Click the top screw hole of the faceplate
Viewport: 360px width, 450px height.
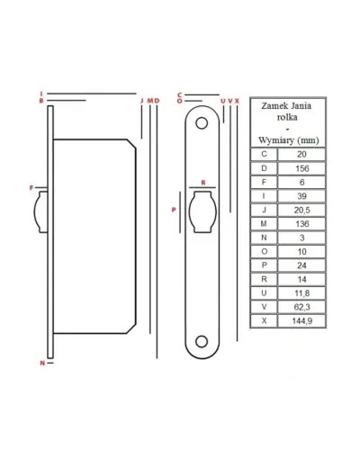click(x=202, y=123)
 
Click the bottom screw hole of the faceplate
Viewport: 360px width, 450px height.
click(x=202, y=342)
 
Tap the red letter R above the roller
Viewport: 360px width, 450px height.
click(x=203, y=183)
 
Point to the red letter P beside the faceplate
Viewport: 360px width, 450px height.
click(x=174, y=210)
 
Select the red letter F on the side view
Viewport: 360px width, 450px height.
click(x=31, y=188)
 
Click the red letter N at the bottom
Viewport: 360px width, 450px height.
click(x=42, y=363)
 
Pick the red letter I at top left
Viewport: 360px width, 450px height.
click(x=41, y=94)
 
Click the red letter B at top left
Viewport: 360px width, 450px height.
click(x=41, y=101)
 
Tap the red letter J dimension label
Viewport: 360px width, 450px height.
click(x=142, y=101)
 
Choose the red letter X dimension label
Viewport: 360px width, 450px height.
click(x=237, y=101)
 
